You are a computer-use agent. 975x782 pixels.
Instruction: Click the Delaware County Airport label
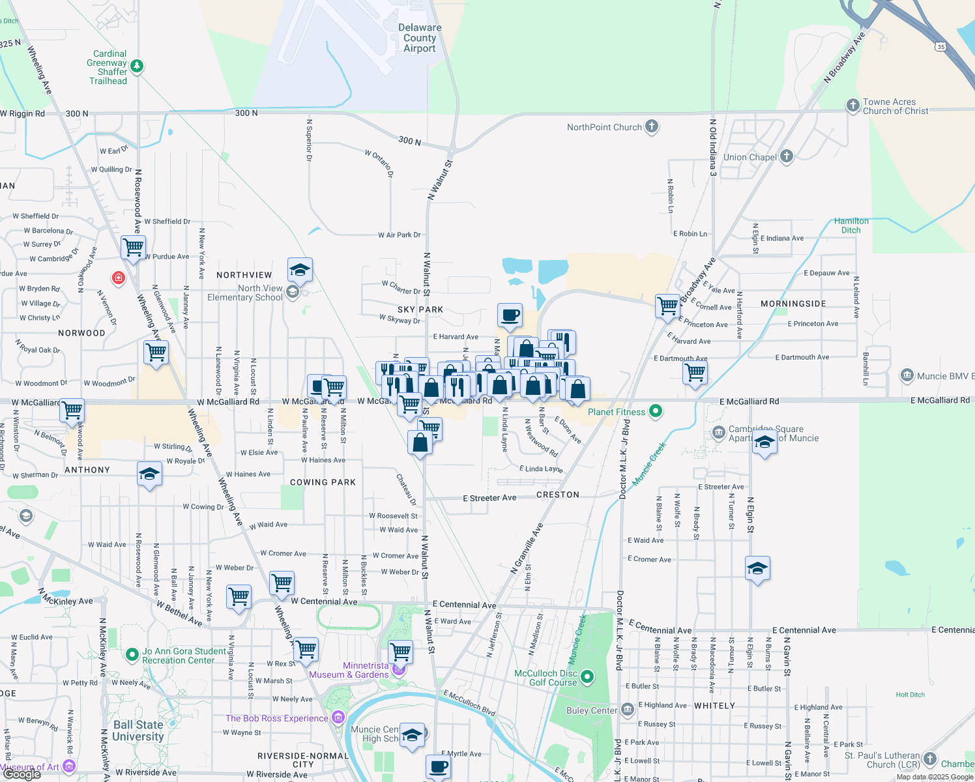(x=420, y=38)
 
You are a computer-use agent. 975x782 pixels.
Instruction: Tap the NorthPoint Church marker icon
(x=652, y=126)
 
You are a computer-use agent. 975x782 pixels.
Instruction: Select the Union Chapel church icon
(x=787, y=156)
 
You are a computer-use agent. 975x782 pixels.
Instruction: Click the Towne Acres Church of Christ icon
(x=852, y=106)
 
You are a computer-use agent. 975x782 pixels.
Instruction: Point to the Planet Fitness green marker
(x=656, y=411)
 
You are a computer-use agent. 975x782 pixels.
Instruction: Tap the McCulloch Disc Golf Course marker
(x=587, y=677)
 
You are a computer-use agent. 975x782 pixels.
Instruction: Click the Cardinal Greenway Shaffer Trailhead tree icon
(x=136, y=66)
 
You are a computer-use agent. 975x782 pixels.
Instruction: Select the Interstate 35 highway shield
(x=940, y=46)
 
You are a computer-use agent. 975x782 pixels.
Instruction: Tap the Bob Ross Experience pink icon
(x=338, y=718)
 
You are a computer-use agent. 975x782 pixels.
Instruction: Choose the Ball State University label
(x=138, y=731)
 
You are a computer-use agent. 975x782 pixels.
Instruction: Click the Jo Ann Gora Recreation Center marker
(x=132, y=654)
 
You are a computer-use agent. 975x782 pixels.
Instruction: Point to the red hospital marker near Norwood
(x=118, y=278)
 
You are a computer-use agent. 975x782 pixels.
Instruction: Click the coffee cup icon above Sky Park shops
(x=510, y=315)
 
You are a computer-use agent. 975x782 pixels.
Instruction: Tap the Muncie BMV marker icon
(x=907, y=375)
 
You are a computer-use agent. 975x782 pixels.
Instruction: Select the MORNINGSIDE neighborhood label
(x=793, y=304)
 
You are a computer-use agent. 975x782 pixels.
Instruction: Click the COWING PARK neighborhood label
(x=323, y=482)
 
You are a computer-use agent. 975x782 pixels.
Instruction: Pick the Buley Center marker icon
(x=627, y=709)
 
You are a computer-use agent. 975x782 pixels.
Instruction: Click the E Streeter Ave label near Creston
(x=489, y=498)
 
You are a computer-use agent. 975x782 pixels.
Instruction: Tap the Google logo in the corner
(x=22, y=774)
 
